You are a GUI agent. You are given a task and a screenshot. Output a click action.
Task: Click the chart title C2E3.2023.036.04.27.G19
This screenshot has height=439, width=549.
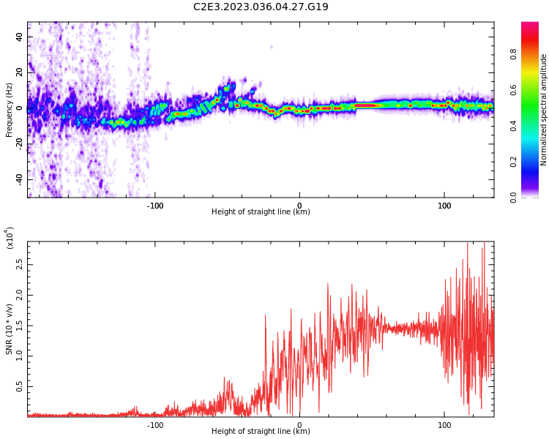[x=261, y=7]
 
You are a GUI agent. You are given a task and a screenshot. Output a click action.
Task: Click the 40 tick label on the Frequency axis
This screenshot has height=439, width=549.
[x=20, y=37]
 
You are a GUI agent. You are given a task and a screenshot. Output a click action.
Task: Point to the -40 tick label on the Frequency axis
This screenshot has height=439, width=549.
[x=20, y=180]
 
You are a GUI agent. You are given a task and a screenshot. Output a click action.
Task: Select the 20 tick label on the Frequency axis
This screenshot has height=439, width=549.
[x=20, y=72]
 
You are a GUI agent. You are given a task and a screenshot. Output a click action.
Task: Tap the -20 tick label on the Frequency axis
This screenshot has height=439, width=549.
[x=20, y=144]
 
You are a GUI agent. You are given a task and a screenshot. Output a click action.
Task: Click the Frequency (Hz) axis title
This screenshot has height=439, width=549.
[x=9, y=110]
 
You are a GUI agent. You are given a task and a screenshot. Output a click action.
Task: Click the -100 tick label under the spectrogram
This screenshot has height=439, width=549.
[x=154, y=206]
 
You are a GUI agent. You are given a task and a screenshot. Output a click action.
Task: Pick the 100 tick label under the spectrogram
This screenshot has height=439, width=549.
[x=444, y=206]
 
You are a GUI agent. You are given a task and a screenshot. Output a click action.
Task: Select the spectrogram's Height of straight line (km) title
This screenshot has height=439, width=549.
[x=261, y=211]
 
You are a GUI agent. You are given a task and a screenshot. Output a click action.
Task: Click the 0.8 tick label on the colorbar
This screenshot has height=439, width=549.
[x=513, y=55]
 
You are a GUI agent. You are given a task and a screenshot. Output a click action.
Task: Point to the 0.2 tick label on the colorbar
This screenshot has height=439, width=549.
[x=513, y=162]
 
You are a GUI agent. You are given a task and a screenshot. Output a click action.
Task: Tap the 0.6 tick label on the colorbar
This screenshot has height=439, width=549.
[x=513, y=90]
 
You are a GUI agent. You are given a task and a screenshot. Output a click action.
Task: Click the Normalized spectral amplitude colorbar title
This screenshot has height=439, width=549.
[x=543, y=110]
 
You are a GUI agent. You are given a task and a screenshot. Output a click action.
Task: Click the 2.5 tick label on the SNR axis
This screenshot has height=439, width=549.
[x=20, y=265]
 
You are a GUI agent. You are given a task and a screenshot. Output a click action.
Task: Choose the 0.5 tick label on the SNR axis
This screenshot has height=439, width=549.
[x=20, y=387]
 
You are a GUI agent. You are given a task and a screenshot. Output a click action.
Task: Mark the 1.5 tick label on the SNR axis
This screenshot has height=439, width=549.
[x=20, y=326]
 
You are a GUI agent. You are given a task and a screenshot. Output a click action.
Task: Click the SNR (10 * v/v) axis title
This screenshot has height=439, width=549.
[x=9, y=329]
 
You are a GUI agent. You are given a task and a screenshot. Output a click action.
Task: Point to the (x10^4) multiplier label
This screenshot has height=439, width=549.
[x=10, y=238]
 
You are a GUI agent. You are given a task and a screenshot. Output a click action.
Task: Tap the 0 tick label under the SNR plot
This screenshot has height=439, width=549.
[x=299, y=425]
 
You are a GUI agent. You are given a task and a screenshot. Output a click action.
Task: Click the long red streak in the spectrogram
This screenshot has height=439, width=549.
[x=367, y=105]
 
